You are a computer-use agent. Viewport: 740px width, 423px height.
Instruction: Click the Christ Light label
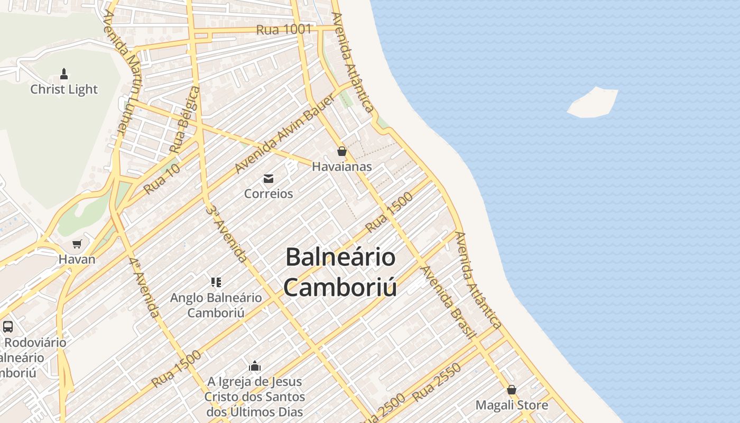[64, 89]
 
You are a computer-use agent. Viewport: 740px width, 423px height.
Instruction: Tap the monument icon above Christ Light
[64, 73]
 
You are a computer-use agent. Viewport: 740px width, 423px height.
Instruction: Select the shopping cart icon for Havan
[77, 244]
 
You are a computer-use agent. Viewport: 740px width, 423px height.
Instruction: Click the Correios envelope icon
[269, 179]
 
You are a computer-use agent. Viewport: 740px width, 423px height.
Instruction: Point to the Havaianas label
[342, 167]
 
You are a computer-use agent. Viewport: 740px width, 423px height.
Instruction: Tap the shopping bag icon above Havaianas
[342, 152]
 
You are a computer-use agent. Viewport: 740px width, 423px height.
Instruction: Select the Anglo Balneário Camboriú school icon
[216, 282]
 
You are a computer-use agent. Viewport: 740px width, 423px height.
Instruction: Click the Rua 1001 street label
[284, 30]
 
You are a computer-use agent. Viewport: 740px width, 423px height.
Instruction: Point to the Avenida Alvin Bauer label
[285, 134]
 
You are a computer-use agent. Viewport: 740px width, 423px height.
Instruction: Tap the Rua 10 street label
[162, 179]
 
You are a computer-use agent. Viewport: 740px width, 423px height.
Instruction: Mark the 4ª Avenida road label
[144, 289]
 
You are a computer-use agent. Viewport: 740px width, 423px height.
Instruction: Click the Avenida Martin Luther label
[121, 74]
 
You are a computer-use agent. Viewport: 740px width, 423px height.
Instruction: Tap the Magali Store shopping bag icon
[512, 390]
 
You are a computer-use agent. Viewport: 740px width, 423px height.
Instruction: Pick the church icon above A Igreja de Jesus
[255, 366]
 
